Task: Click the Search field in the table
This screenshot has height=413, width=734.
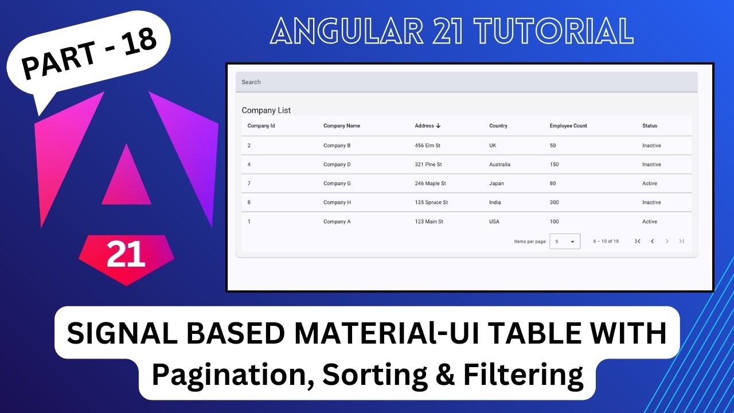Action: click(466, 82)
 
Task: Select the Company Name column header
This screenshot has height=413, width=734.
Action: click(342, 126)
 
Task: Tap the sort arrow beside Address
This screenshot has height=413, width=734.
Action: click(438, 126)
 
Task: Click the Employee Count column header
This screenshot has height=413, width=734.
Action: click(568, 126)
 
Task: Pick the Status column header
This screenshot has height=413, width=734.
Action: click(650, 126)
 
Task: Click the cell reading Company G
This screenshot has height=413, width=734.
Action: click(337, 184)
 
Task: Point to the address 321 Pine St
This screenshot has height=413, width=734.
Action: click(428, 165)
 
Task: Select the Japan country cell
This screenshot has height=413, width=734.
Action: click(497, 184)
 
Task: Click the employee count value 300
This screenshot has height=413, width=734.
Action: click(554, 202)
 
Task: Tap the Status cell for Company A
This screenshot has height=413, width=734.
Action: click(650, 221)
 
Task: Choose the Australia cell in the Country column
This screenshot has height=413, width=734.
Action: click(499, 165)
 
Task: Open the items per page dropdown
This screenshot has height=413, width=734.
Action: click(565, 241)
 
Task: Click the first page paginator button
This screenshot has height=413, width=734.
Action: click(638, 241)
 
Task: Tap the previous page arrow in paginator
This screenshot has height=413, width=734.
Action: click(652, 241)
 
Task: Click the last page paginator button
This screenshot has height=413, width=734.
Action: click(681, 241)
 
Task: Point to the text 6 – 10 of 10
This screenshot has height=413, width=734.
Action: click(606, 241)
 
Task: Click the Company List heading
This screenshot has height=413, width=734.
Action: click(266, 110)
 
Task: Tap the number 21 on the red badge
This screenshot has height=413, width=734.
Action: click(126, 255)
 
